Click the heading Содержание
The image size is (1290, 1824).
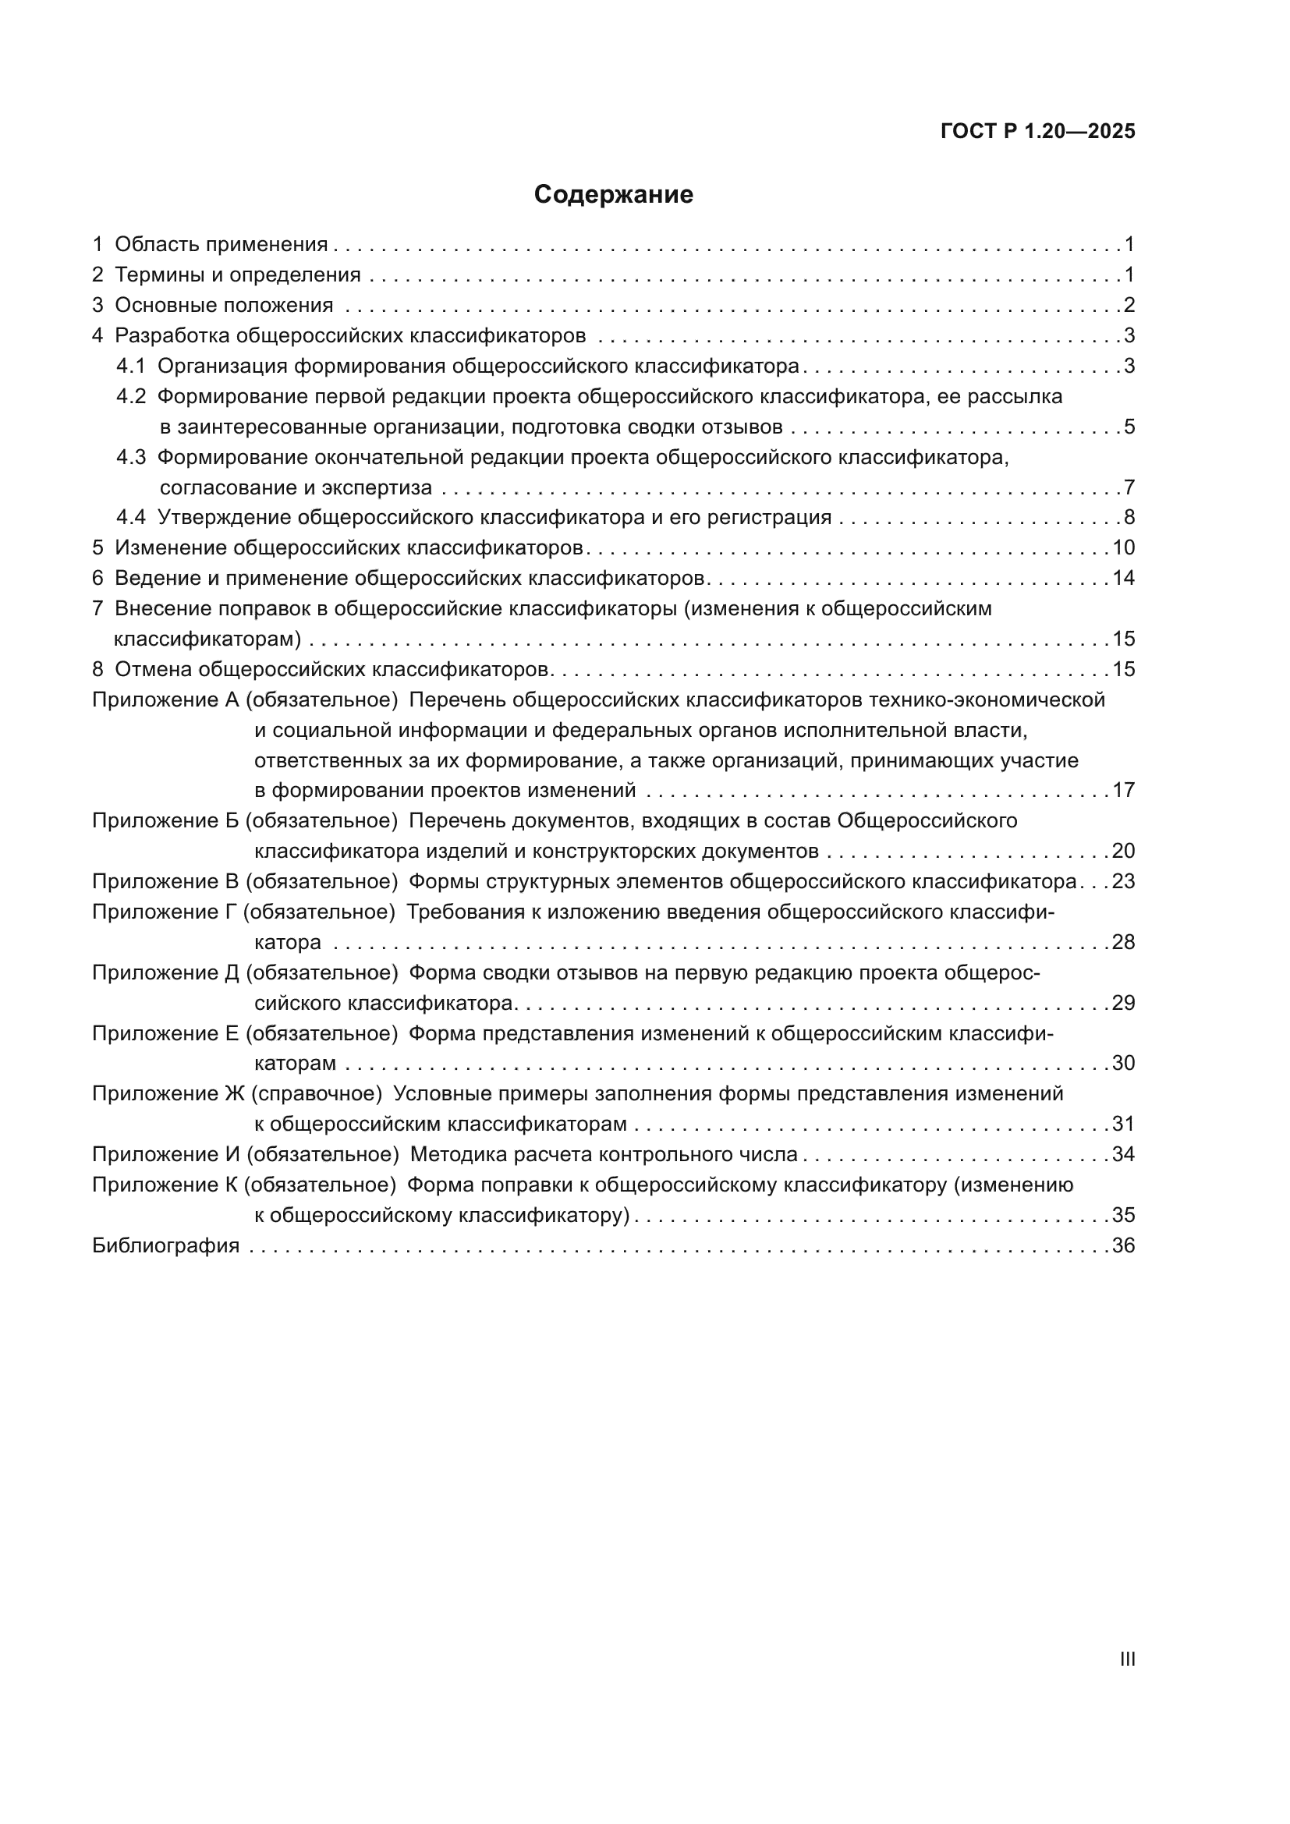click(x=612, y=195)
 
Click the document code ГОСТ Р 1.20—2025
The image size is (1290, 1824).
click(x=1037, y=131)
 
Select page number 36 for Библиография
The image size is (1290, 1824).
click(x=1123, y=1245)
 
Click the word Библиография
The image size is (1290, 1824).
click(x=165, y=1245)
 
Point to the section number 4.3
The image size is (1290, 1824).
click(x=131, y=458)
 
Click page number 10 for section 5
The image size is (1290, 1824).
click(x=1123, y=548)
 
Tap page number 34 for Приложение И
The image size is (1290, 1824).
click(x=1123, y=1154)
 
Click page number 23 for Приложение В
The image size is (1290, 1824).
click(x=1123, y=882)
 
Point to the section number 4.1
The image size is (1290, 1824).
click(x=131, y=367)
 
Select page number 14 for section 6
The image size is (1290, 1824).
click(x=1123, y=579)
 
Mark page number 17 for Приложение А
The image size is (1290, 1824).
click(x=1123, y=791)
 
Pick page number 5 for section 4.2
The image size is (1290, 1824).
click(x=1129, y=427)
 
